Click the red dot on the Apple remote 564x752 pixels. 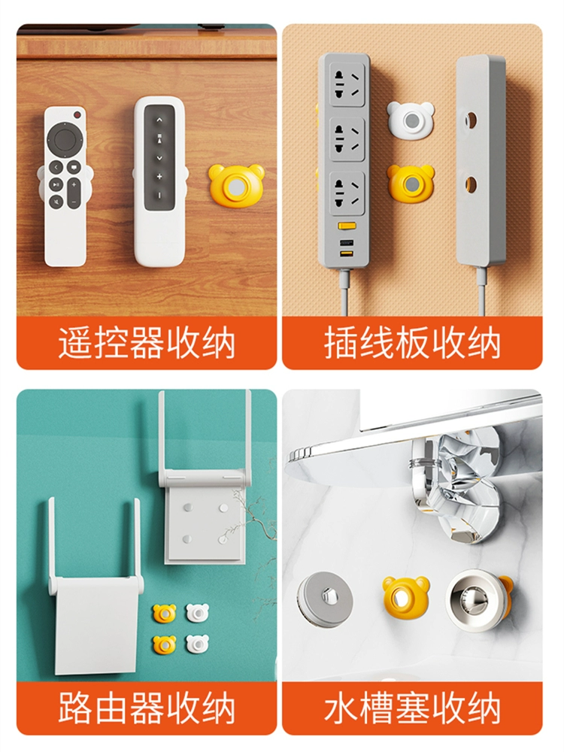point(77,115)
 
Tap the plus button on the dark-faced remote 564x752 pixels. point(159,177)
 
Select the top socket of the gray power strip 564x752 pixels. point(347,85)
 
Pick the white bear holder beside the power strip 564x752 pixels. point(410,119)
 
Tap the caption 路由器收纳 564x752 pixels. point(147,708)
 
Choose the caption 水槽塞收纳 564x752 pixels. point(412,708)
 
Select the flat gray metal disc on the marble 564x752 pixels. point(325,599)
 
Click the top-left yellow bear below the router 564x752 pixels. point(165,614)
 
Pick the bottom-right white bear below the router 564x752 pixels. point(196,644)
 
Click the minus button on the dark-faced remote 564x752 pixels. point(159,196)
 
